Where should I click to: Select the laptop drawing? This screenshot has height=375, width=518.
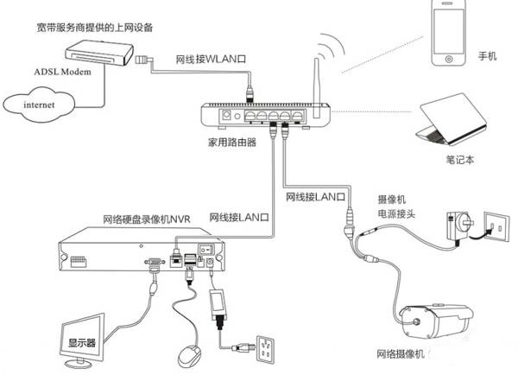[452, 121]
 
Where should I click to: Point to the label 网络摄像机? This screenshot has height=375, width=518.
[401, 355]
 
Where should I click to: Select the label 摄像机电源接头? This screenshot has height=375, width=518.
[394, 204]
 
